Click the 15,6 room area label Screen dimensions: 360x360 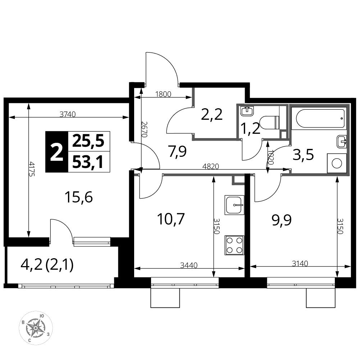pos(79,197)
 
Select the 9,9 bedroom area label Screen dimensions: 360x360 pos(282,220)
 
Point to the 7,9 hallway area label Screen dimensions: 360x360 pos(177,152)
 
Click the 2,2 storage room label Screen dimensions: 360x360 pos(212,114)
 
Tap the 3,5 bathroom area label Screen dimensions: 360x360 pos(303,155)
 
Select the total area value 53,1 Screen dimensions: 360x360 pos(88,162)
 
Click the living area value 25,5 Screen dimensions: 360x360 pos(88,141)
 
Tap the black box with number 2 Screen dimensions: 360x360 pos(57,152)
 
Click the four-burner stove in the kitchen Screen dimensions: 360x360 pos(234,245)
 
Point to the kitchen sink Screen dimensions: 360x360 pos(234,205)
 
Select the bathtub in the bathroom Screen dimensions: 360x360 pos(320,118)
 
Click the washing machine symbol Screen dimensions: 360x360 pos(337,163)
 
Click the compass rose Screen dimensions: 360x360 pos(36,328)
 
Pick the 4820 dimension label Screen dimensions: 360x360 pos(210,166)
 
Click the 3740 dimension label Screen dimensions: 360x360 pos(68,114)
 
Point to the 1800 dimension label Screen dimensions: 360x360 pos(163,94)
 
